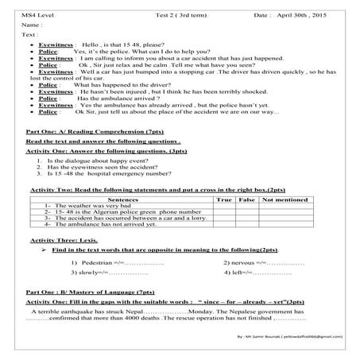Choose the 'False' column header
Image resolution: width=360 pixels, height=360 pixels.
[x=245, y=201]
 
